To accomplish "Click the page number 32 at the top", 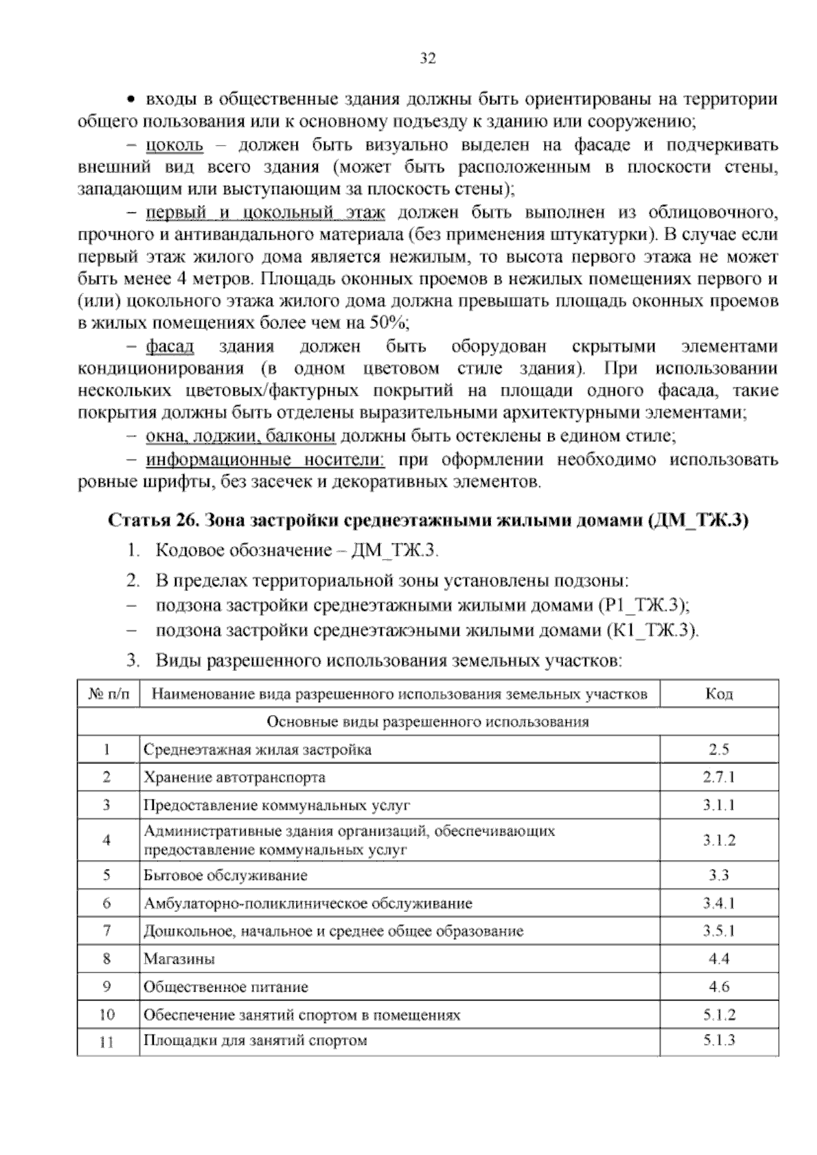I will [427, 59].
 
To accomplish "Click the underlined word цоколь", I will [174, 145].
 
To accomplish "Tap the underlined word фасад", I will [170, 347].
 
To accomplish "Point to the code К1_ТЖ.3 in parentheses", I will [650, 631].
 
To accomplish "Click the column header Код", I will [719, 694].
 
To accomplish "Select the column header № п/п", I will [108, 694].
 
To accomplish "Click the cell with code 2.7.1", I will [719, 777].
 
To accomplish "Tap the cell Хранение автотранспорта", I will [234, 777].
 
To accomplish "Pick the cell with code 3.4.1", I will [719, 904].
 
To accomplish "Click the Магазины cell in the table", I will [179, 959].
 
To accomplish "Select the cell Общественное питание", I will [225, 987].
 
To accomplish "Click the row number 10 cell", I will [108, 1015].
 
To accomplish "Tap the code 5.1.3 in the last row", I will [719, 1040].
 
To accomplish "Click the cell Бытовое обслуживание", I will [225, 875].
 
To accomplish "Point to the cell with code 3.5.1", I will [719, 931].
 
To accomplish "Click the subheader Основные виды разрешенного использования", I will [428, 722].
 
